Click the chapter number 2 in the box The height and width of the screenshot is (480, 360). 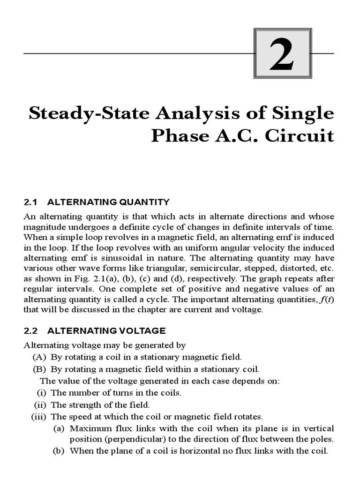pyautogui.click(x=281, y=54)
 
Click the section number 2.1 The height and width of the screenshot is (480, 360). pyautogui.click(x=30, y=202)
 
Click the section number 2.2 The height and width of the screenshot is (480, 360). pyautogui.click(x=30, y=331)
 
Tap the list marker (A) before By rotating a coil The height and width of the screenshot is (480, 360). pyautogui.click(x=39, y=357)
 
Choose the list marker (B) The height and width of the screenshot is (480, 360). pyautogui.click(x=39, y=369)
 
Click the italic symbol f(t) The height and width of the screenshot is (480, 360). pyautogui.click(x=326, y=300)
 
